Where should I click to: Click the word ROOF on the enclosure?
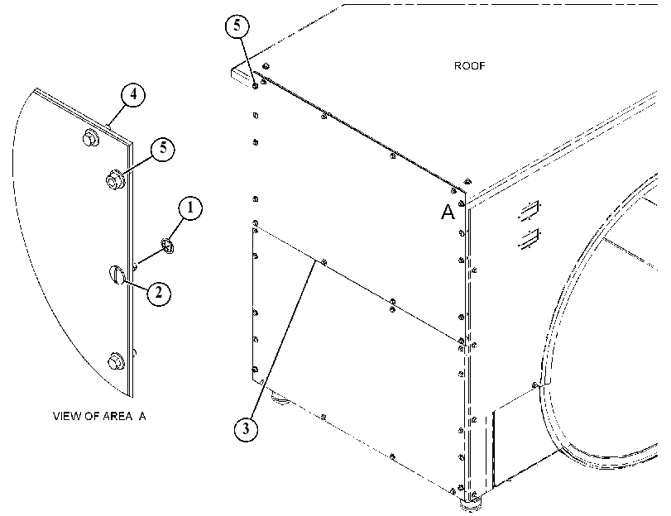(x=469, y=66)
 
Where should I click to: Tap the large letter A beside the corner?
(x=448, y=212)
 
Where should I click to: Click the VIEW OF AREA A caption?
(x=99, y=416)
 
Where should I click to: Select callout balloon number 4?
(x=133, y=94)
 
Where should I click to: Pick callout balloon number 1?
(x=190, y=208)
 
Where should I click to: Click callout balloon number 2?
(x=159, y=294)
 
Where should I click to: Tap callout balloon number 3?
(x=246, y=428)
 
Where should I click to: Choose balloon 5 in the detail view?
(x=163, y=149)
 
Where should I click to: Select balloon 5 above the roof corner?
(x=237, y=26)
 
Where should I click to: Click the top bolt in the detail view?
(x=90, y=138)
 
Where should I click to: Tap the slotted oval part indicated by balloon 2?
(x=116, y=275)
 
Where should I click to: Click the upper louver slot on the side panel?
(x=530, y=210)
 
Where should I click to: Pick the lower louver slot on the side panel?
(x=530, y=239)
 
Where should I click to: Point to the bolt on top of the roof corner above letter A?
(x=467, y=182)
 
